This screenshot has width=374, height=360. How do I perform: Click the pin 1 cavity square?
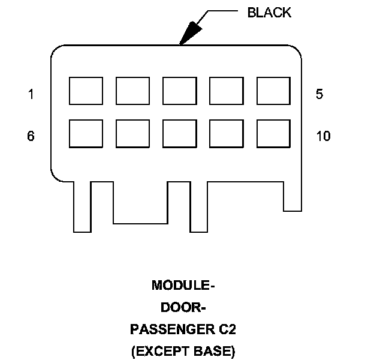point(86,91)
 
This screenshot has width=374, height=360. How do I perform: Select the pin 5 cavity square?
point(273,91)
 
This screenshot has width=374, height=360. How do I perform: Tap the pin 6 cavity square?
point(86,134)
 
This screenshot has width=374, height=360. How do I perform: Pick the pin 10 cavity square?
point(273,134)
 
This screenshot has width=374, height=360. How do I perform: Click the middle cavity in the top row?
point(179,91)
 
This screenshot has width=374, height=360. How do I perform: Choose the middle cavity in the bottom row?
point(179,134)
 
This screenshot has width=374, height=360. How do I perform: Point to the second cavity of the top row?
point(132,91)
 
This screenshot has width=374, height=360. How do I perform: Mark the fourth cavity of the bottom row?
point(227,134)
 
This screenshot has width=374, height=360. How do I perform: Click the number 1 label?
point(31,94)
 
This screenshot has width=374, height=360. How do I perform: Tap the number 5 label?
point(319,94)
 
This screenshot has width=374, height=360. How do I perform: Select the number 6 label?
point(31,136)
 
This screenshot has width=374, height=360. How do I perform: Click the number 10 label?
point(323,136)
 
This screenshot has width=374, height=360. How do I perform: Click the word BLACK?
point(269,13)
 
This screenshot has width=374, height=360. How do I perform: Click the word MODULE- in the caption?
point(183,285)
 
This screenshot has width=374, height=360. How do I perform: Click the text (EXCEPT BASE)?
point(183,351)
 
